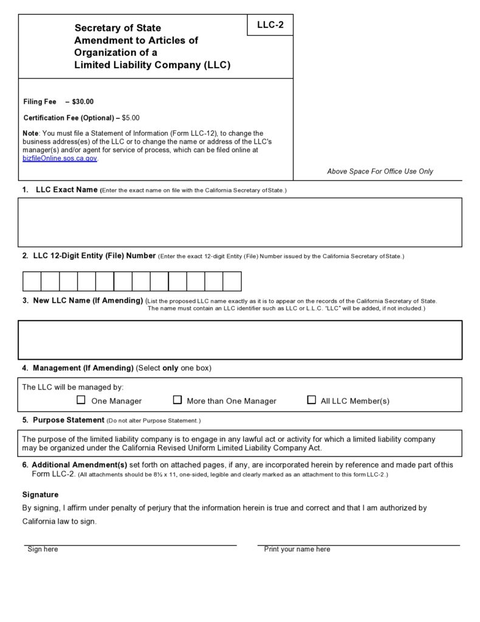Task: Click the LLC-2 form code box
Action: (270, 25)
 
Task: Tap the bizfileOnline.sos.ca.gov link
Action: (60, 158)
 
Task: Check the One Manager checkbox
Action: (81, 400)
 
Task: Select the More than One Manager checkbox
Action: (177, 400)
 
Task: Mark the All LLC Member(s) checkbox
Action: (312, 400)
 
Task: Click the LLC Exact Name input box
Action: (240, 222)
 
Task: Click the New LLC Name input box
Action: (240, 340)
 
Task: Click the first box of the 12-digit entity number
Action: (32, 281)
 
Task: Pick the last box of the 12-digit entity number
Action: (232, 281)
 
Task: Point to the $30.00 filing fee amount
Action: (83, 102)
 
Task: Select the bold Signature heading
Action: (40, 495)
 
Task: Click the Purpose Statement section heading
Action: (68, 420)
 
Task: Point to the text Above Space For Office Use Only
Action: (380, 172)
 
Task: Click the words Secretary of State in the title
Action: (117, 28)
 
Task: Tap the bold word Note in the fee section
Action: (30, 133)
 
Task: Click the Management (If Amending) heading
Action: (83, 368)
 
